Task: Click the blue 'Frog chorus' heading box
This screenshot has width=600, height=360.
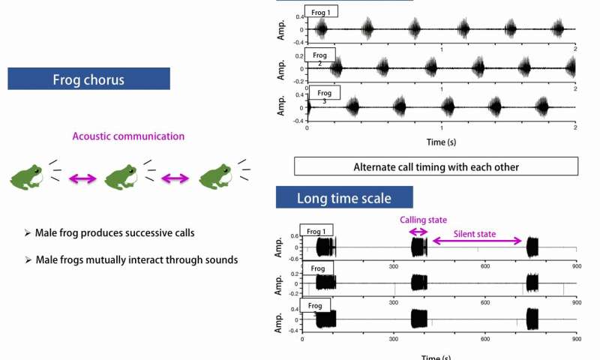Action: [88, 79]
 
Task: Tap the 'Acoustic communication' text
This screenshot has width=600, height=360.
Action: [128, 136]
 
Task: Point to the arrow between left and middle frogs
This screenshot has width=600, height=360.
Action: [82, 178]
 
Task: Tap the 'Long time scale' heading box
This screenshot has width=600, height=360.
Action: [344, 199]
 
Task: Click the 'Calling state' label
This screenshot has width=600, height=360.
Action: [423, 220]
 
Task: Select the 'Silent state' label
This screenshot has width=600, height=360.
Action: [475, 234]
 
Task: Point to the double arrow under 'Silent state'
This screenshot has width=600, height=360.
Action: [476, 241]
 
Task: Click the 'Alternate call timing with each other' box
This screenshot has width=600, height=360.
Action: [436, 166]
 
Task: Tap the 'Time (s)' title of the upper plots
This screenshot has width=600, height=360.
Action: [440, 142]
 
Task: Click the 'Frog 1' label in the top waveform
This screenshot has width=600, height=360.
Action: [322, 12]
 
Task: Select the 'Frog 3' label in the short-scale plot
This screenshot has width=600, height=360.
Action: [323, 94]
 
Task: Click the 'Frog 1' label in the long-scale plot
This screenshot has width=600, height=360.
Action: [316, 230]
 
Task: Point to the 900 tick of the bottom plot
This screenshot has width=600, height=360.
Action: [575, 340]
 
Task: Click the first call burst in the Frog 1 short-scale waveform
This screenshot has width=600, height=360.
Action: [322, 29]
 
